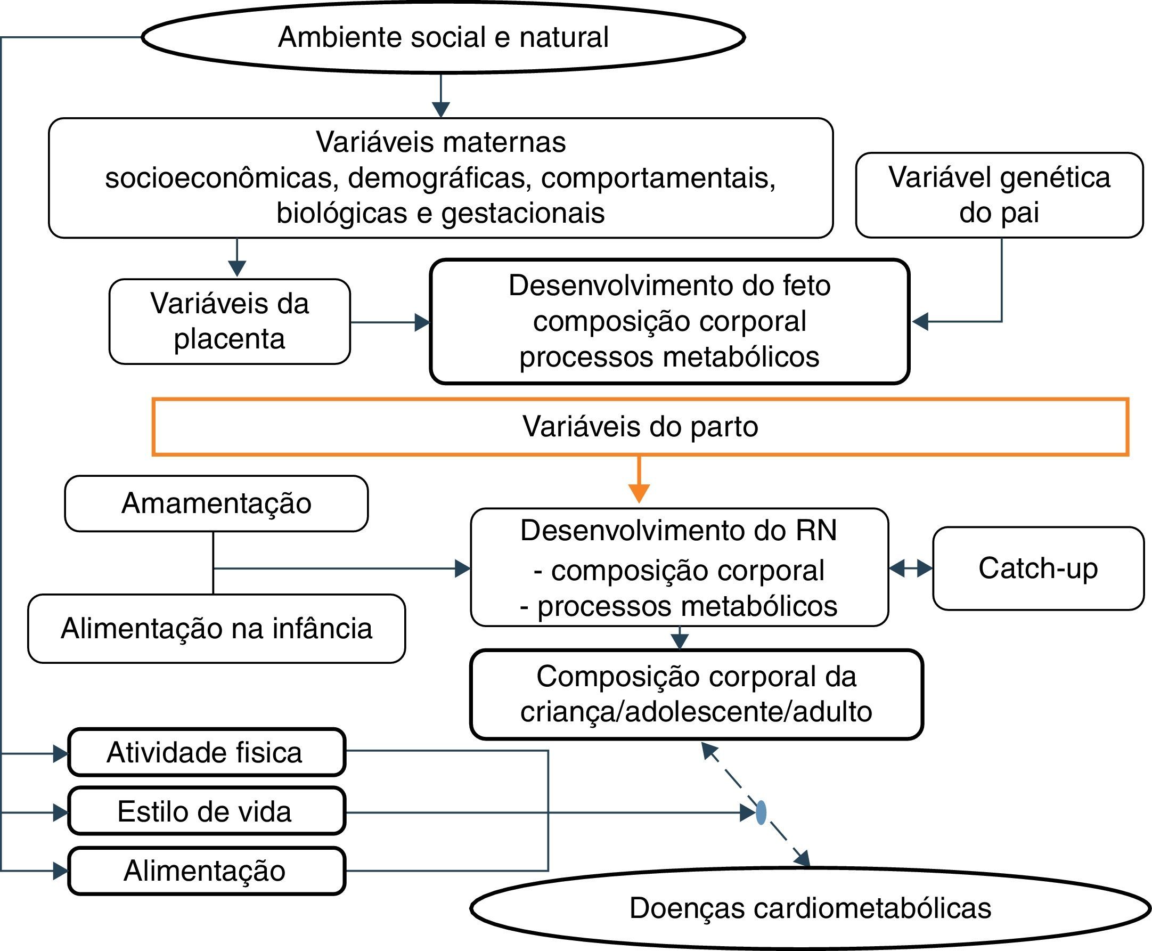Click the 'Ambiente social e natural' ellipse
[443, 37]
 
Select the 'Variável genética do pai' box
[999, 194]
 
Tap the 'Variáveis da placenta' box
[230, 321]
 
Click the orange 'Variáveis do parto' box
[640, 426]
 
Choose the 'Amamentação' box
[216, 503]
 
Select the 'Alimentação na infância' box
[216, 628]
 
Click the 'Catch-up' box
[1038, 568]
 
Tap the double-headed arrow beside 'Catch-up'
[911, 568]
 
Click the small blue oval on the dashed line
[761, 812]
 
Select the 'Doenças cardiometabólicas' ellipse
[811, 908]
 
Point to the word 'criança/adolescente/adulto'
[696, 712]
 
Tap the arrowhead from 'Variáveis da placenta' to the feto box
[422, 322]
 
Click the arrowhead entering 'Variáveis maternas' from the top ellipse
[441, 110]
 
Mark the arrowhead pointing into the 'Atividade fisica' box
[60, 754]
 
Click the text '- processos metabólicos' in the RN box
[679, 606]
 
